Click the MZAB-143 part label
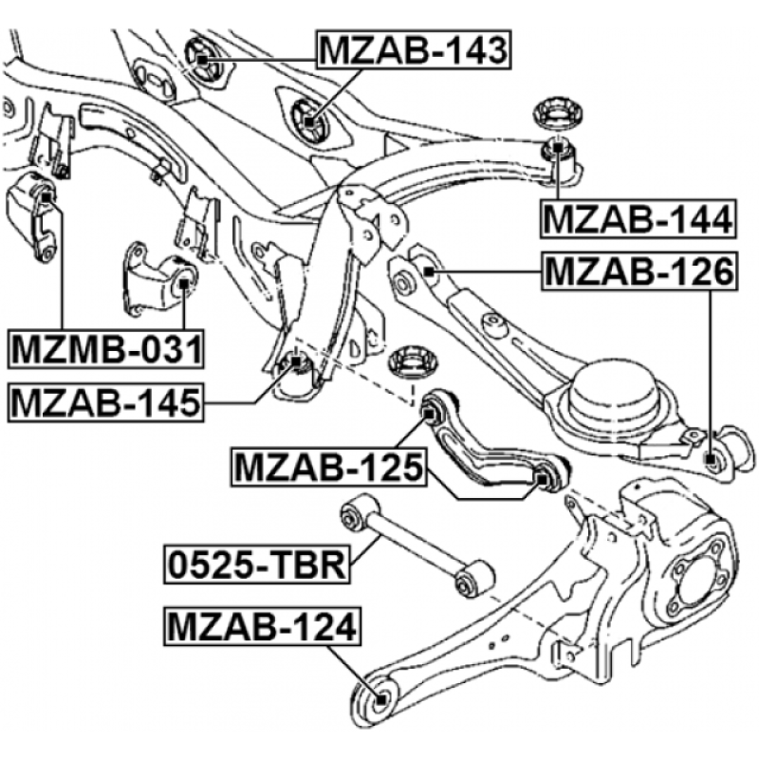(x=414, y=50)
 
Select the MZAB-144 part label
(x=638, y=219)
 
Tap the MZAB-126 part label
(x=639, y=271)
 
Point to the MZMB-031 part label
(x=105, y=349)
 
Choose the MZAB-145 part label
(x=105, y=402)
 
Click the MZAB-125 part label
(x=328, y=467)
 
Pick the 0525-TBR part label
(x=257, y=565)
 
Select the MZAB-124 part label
(x=263, y=626)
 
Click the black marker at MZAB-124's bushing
(x=381, y=699)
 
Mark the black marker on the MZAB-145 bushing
(x=295, y=361)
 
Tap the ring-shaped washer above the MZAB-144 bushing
(x=557, y=113)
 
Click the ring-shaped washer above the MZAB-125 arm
(x=413, y=363)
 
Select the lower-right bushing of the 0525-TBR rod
(x=473, y=578)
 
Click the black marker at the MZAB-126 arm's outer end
(x=710, y=459)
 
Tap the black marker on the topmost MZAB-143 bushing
(x=202, y=60)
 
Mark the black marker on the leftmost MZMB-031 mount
(x=46, y=196)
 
